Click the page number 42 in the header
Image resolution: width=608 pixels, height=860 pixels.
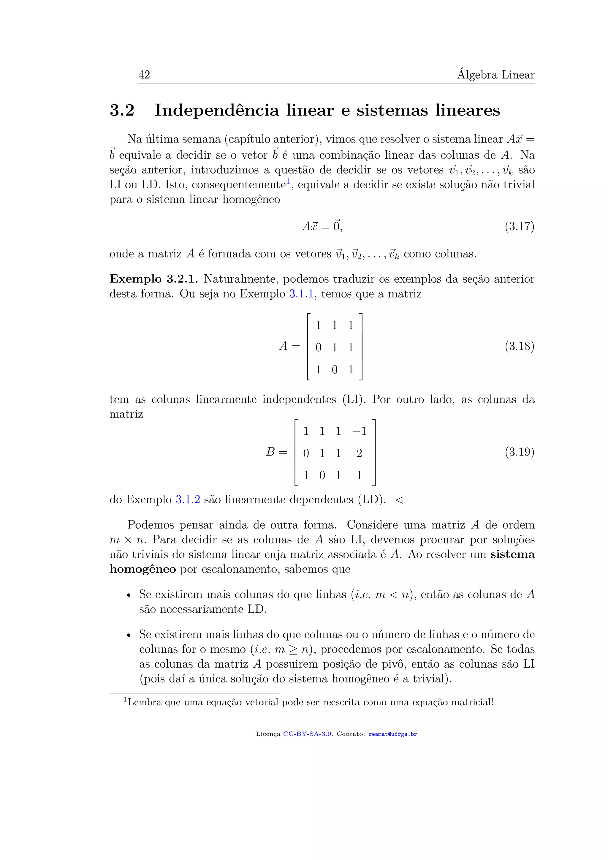[x=144, y=75]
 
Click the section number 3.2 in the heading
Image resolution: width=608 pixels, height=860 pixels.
[x=122, y=110]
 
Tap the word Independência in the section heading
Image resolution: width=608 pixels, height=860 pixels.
[x=217, y=110]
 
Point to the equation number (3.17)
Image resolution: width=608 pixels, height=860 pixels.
[x=519, y=227]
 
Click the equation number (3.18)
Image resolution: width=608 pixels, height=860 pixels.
[x=519, y=346]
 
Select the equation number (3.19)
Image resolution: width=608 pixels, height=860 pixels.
[x=519, y=452]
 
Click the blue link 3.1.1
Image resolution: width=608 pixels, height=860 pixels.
[x=301, y=294]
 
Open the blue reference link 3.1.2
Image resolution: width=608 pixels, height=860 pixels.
[x=188, y=500]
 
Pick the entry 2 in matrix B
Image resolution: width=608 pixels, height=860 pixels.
[x=360, y=453]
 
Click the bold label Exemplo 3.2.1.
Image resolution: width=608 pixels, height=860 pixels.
[x=153, y=279]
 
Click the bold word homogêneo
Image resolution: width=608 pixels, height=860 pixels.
[x=142, y=569]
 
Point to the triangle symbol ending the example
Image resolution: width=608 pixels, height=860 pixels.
[x=400, y=500]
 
